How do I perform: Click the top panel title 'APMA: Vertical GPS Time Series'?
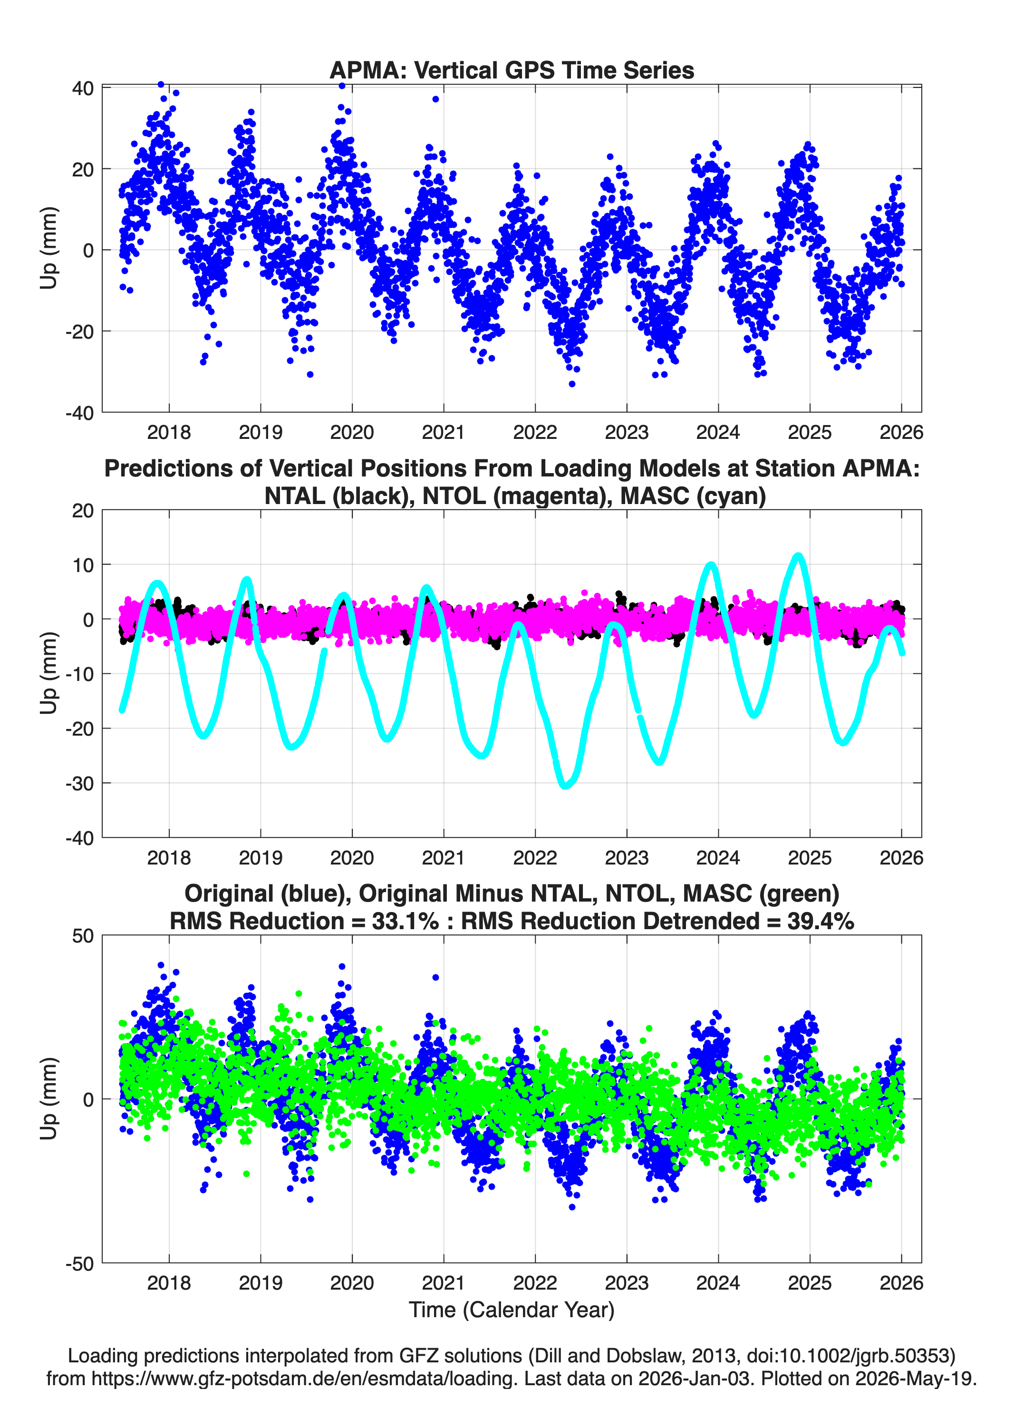(512, 70)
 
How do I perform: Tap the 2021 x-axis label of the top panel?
(443, 432)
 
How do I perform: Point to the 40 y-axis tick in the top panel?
(83, 88)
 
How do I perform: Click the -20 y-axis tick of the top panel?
(79, 331)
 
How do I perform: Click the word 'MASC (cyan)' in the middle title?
(693, 496)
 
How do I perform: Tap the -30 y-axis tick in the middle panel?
(79, 783)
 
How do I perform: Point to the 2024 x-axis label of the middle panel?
(718, 857)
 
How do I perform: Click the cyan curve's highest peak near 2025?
(798, 555)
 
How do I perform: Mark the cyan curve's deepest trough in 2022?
(566, 785)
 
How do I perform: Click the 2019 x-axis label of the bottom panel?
(260, 1283)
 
